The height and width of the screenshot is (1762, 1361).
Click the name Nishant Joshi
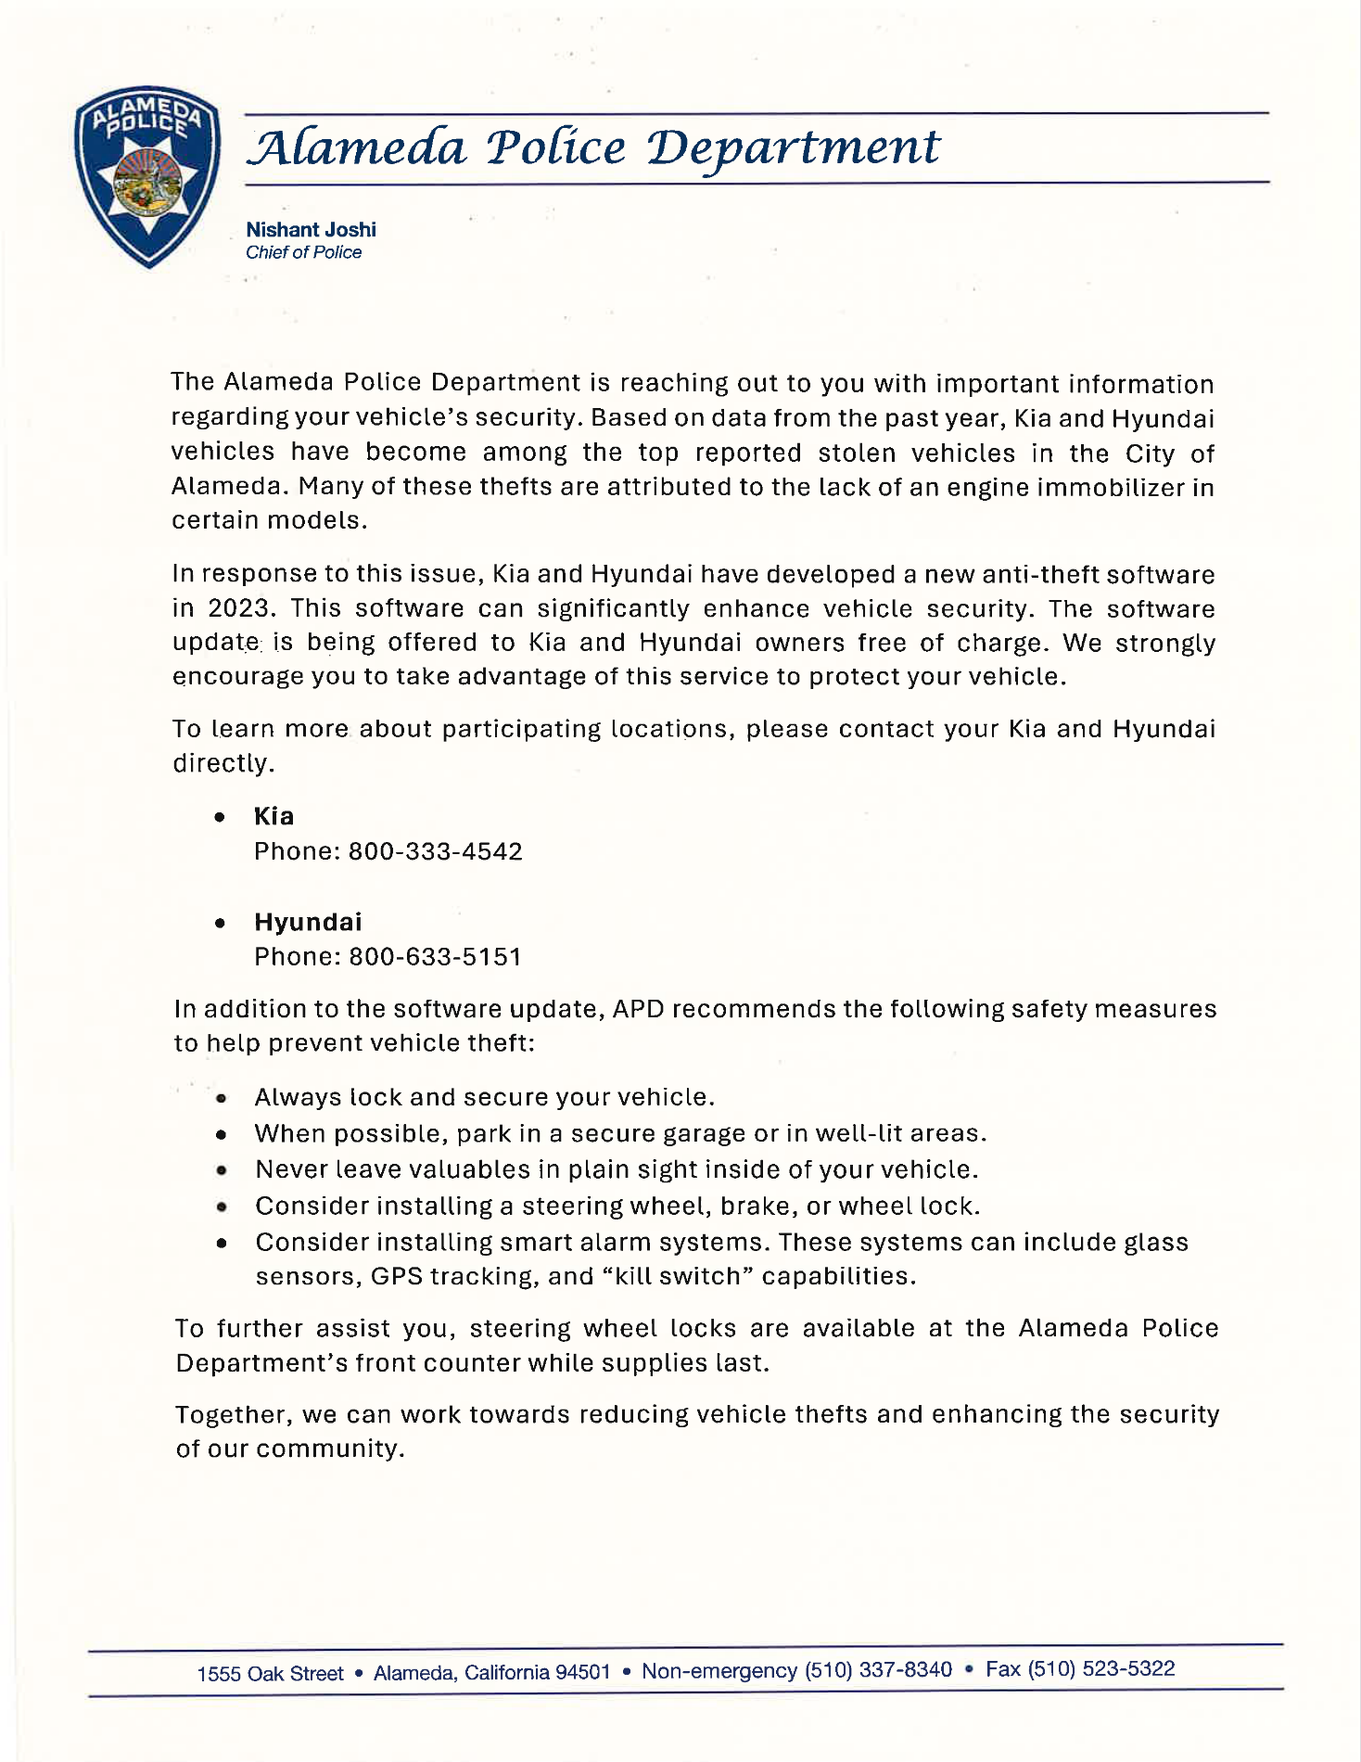pyautogui.click(x=311, y=229)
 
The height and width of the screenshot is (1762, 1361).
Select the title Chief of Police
pyautogui.click(x=303, y=252)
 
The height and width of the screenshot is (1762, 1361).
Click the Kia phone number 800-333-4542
pyautogui.click(x=435, y=851)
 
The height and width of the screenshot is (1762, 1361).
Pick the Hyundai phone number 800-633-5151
pyautogui.click(x=435, y=956)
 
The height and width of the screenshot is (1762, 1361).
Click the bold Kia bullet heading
pyautogui.click(x=273, y=816)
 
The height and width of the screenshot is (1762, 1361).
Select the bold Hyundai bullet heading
pyautogui.click(x=308, y=922)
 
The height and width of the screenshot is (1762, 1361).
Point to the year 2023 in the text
pyautogui.click(x=236, y=608)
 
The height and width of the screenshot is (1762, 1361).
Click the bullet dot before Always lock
pyautogui.click(x=221, y=1099)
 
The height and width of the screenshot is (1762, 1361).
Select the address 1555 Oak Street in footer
pyautogui.click(x=270, y=1674)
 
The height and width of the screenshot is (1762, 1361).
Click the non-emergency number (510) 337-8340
pyautogui.click(x=878, y=1670)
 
